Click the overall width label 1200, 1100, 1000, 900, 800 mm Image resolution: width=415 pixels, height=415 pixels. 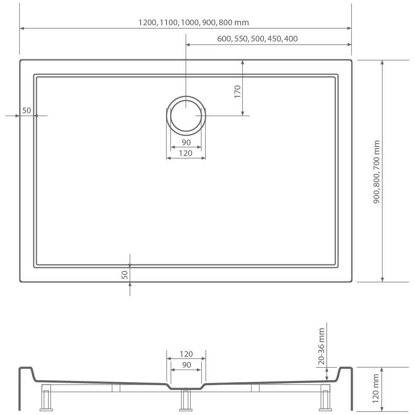pos(193,22)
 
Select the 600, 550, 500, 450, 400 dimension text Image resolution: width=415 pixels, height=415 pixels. pos(257,39)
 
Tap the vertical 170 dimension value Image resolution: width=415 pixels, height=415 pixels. pos(237,92)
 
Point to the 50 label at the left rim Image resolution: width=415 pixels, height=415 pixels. pos(27,110)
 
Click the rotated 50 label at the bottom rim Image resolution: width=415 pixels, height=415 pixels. pos(124,275)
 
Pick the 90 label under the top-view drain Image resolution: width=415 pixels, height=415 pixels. pos(186,142)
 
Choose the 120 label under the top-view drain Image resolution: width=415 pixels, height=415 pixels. pos(186,153)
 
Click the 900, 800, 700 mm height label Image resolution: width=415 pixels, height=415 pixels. pos(376,172)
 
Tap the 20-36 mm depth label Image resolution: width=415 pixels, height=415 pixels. pos(321,346)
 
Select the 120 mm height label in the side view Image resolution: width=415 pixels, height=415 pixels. pos(376,388)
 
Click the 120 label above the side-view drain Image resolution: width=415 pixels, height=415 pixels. pos(186,354)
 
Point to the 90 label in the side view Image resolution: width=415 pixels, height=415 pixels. pos(187,365)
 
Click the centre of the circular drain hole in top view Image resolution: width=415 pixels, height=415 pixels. pos(186,116)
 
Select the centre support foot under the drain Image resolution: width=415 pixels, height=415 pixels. pos(186,400)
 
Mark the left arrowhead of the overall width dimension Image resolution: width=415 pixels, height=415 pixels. pos(22,28)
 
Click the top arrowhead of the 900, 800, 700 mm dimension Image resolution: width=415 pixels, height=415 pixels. pos(382,63)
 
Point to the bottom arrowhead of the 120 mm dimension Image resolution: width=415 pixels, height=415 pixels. pos(382,409)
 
